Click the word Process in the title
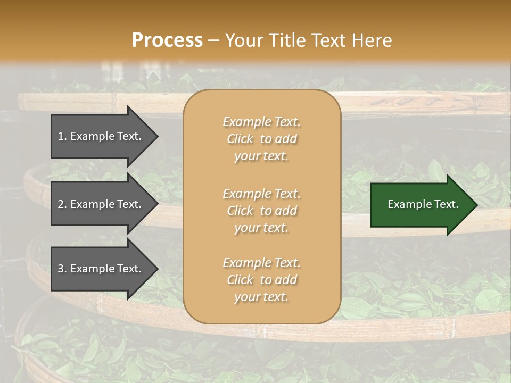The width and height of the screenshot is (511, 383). point(167,40)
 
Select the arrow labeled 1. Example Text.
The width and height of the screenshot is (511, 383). point(101,136)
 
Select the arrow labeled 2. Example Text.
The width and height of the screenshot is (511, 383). point(101,204)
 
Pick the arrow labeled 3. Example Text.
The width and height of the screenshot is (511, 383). point(101,269)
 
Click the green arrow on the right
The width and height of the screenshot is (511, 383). point(421,205)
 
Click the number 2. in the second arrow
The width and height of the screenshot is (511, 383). point(62,204)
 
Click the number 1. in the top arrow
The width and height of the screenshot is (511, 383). point(62,136)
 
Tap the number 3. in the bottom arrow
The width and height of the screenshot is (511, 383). point(62,269)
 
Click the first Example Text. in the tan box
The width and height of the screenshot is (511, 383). point(261,122)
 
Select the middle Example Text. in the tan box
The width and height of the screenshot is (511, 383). point(261,194)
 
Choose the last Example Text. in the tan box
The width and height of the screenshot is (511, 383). point(261,263)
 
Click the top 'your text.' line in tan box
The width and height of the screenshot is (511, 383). point(261,156)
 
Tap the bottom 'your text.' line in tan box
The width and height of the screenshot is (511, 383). point(261,297)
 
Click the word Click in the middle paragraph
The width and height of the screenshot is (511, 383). point(240,211)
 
